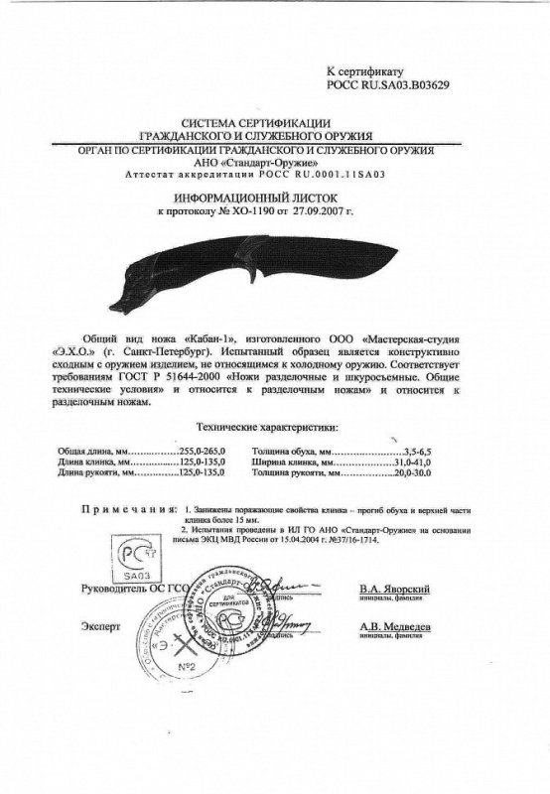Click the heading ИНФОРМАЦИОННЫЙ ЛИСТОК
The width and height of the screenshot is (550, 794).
tap(275, 198)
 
